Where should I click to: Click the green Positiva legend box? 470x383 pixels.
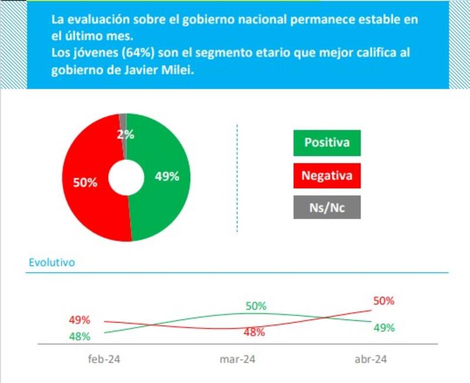coord(327,143)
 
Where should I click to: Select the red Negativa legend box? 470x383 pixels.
coord(327,175)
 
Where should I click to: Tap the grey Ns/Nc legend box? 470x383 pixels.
coord(327,207)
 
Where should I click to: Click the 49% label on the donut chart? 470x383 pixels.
coord(166,176)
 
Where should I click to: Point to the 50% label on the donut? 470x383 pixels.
coord(85,183)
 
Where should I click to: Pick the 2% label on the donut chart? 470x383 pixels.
coord(125,135)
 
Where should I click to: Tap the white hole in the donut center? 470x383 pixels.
coord(126,177)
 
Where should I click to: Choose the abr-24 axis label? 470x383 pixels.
coord(371,360)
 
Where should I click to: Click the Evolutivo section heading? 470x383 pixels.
coord(52,263)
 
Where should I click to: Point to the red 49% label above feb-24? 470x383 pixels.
coord(79,320)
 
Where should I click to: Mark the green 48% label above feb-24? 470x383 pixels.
coord(79,337)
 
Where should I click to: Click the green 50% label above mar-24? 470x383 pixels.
coord(256,306)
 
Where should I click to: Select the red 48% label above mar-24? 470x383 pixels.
coord(254,332)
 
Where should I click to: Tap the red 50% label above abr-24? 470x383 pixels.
coord(383,301)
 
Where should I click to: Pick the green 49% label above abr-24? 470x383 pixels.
coord(384,328)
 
